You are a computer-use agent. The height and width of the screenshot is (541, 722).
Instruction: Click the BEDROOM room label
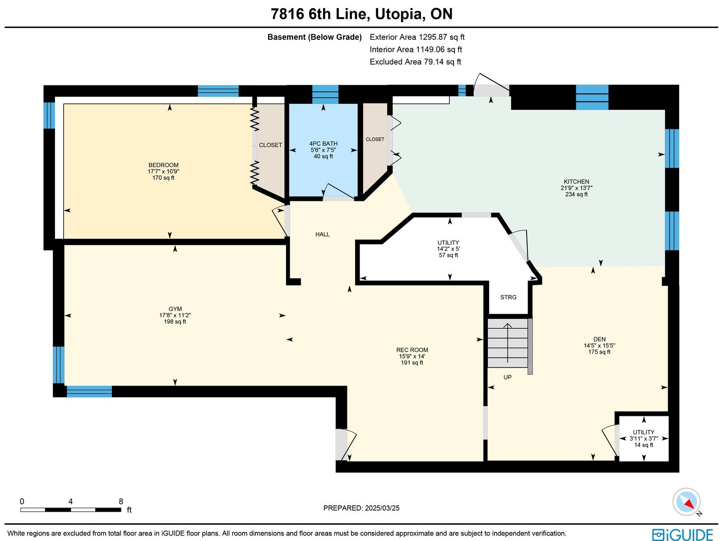coord(163,165)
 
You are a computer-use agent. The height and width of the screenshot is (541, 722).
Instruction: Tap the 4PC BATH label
coord(324,144)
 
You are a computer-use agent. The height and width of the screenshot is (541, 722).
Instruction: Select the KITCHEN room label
coord(576,182)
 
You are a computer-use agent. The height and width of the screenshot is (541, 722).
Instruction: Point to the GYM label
coord(175,309)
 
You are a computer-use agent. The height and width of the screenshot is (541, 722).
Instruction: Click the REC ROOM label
coord(412,350)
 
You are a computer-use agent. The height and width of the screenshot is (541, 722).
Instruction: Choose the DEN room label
coord(599,339)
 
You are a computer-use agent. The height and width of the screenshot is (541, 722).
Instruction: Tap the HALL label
coord(322,234)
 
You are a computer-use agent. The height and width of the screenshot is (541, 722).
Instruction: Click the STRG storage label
coord(508,297)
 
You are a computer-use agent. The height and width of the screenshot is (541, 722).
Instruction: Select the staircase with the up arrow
coord(508,343)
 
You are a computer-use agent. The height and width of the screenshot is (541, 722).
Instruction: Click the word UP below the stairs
coord(508,377)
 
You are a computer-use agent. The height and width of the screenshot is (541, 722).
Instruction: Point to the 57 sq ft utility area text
coord(449,255)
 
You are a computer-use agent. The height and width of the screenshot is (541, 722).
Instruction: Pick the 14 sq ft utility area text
coord(644,445)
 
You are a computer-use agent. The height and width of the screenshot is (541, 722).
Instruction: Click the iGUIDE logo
coord(682,534)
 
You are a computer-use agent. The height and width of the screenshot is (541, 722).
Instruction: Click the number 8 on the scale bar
coord(121,501)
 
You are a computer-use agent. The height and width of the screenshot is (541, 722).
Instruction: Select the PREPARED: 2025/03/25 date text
coord(361,508)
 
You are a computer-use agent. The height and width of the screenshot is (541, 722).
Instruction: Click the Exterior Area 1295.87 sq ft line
coord(417,37)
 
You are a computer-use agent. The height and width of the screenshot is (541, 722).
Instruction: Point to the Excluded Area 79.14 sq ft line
coord(416,62)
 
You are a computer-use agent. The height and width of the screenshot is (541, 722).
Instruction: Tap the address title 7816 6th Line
coord(319,14)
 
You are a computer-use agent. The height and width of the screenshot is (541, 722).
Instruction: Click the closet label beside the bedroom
coord(270,145)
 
